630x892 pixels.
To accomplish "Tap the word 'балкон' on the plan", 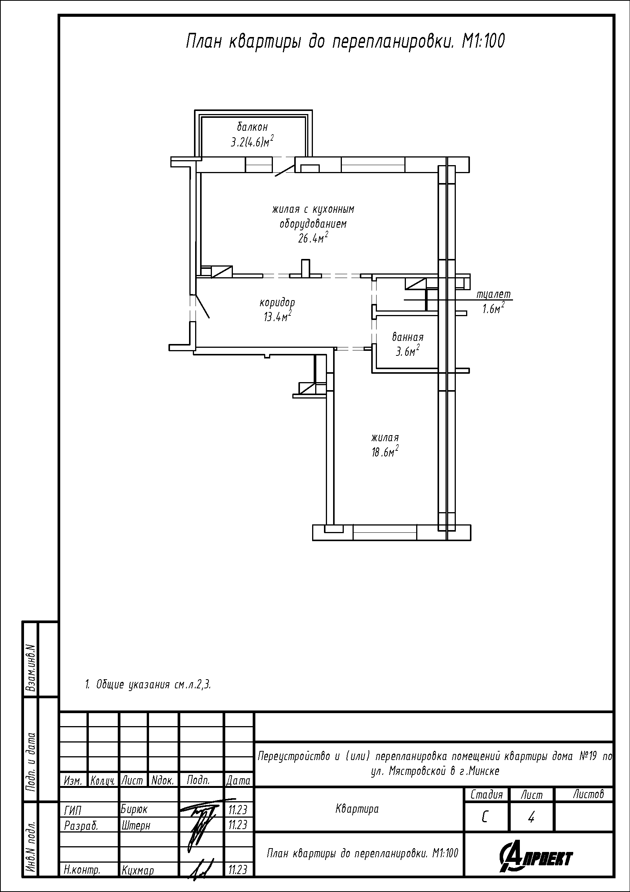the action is [x=253, y=127].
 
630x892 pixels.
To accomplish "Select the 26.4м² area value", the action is [x=313, y=237].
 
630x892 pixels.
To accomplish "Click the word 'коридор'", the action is [x=277, y=303].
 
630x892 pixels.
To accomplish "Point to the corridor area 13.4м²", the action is [x=277, y=317].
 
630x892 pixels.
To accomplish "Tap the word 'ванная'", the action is [x=407, y=337].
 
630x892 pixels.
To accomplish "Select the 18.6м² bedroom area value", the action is [x=385, y=452].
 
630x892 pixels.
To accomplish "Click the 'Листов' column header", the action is [x=588, y=794].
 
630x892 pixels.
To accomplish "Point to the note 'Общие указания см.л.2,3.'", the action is [x=148, y=685].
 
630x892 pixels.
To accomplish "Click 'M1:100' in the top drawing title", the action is [x=483, y=41].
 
